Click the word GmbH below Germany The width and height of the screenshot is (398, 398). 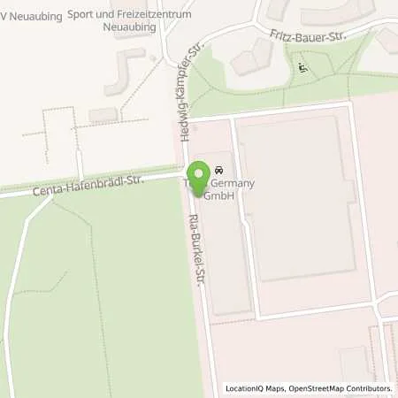(220, 196)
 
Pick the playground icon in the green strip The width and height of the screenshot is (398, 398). (303, 66)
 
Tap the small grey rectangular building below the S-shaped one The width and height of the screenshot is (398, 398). (103, 115)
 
